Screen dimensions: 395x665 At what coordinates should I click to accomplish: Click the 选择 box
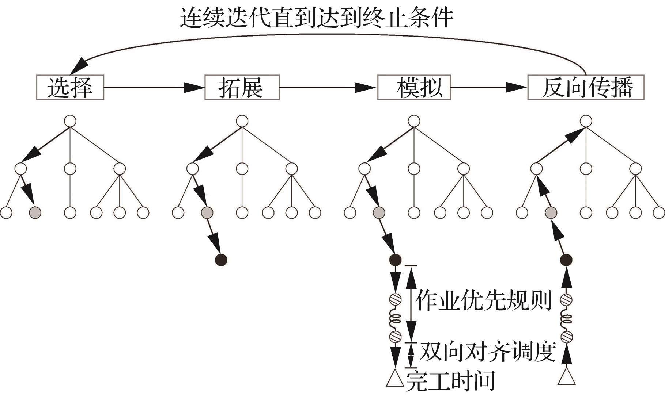click(x=70, y=87)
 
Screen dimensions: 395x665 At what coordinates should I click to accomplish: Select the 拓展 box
click(x=242, y=87)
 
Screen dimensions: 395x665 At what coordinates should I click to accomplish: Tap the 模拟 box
click(x=414, y=87)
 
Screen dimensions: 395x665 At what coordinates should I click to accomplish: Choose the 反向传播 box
click(x=586, y=87)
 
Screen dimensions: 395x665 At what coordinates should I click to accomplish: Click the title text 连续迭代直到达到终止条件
click(x=317, y=18)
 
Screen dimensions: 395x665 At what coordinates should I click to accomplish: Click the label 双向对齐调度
click(x=488, y=352)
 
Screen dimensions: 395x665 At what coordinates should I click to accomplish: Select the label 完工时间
click(x=451, y=381)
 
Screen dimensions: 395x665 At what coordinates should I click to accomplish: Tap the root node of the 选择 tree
click(x=70, y=121)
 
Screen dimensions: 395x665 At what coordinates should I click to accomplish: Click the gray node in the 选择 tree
click(x=35, y=212)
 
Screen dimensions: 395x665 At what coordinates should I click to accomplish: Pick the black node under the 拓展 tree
click(x=221, y=260)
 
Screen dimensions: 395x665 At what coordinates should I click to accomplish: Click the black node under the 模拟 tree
click(x=395, y=260)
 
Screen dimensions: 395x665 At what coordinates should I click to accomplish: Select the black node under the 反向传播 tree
click(x=566, y=260)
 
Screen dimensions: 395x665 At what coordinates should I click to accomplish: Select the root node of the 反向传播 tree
click(x=586, y=121)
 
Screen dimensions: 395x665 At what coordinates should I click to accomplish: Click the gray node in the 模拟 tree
click(x=379, y=212)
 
